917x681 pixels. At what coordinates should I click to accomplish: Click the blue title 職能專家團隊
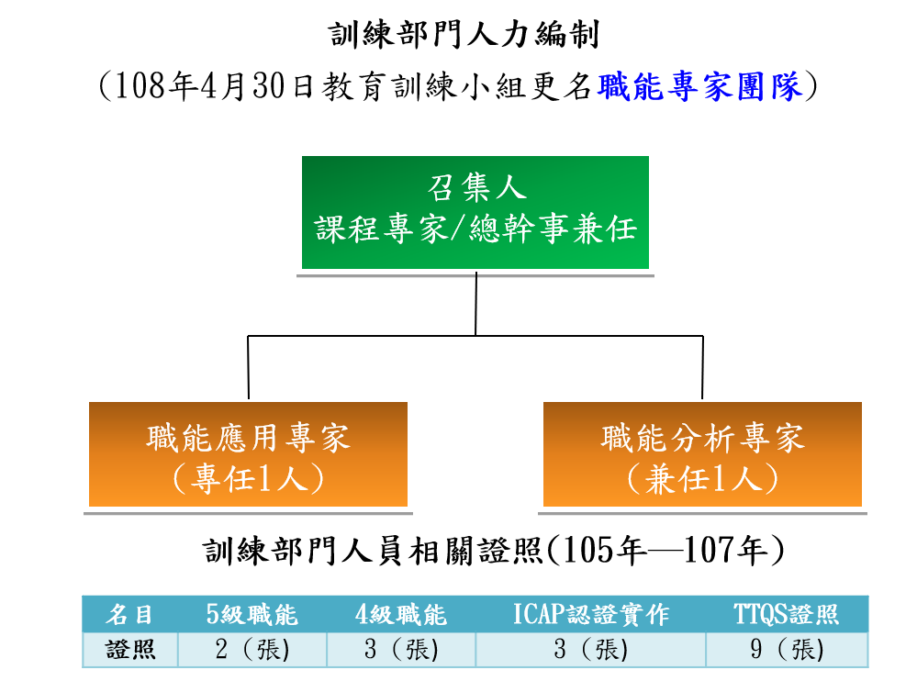(700, 87)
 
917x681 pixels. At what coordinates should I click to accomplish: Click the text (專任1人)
(248, 479)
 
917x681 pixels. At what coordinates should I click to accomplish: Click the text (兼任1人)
(702, 479)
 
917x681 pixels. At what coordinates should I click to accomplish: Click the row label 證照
(129, 650)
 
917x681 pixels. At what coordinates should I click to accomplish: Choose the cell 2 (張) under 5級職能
(252, 650)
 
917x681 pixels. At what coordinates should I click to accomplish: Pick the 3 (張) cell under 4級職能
(400, 650)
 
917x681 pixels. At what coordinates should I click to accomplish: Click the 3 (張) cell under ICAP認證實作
(590, 650)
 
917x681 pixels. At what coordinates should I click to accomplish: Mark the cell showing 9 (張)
(786, 650)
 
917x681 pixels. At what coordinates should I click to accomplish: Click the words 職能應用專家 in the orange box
(248, 438)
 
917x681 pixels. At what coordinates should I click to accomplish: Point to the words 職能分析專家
(702, 438)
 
